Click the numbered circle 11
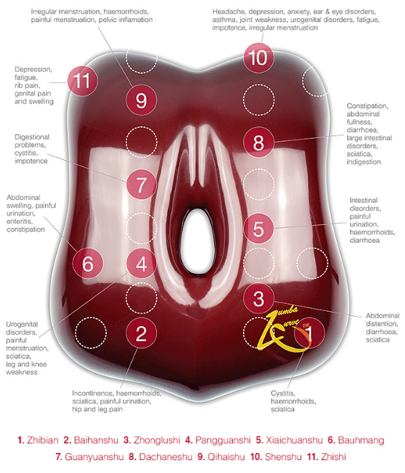click(82, 81)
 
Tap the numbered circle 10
click(259, 57)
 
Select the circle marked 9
click(141, 100)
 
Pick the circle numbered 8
click(259, 142)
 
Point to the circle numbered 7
click(141, 184)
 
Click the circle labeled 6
click(88, 263)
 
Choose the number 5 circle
click(259, 229)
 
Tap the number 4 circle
click(141, 263)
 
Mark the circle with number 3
click(259, 298)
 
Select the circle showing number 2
click(141, 333)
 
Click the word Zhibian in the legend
click(43, 440)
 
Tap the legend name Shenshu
click(283, 457)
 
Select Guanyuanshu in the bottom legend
click(94, 457)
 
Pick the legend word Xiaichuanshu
click(294, 440)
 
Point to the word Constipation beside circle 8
click(367, 106)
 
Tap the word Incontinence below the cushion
click(93, 393)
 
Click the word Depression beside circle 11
click(33, 70)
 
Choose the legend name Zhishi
click(333, 457)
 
